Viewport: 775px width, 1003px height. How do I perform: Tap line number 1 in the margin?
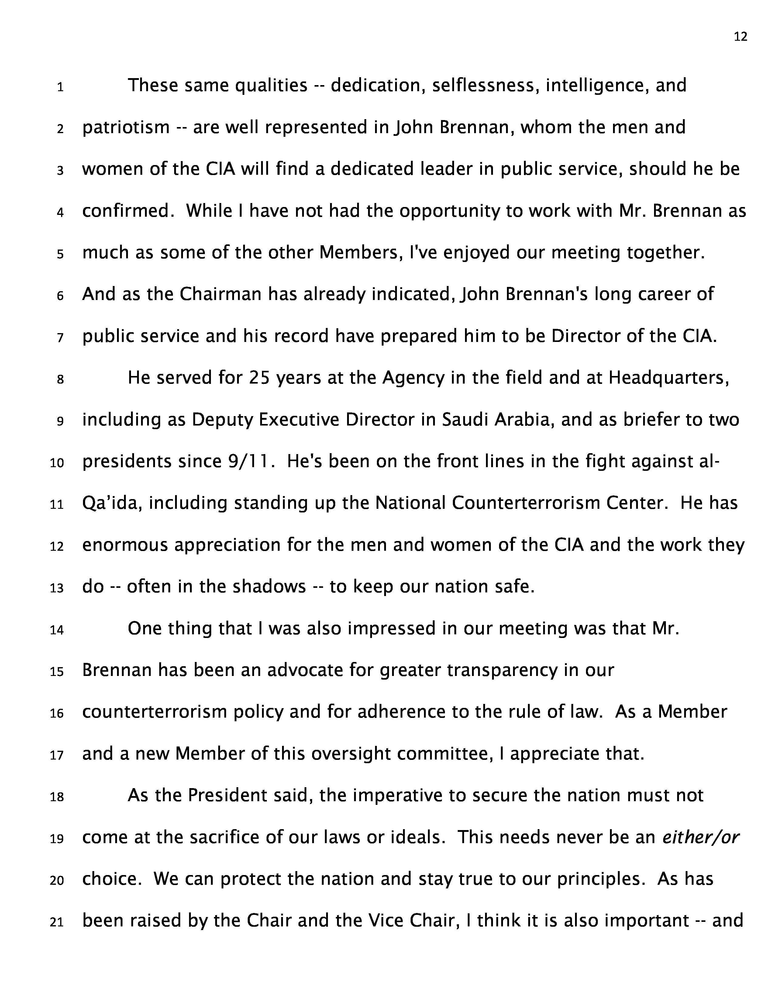(60, 87)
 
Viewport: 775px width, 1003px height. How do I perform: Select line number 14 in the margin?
(57, 630)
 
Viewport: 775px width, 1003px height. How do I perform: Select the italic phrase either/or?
(701, 837)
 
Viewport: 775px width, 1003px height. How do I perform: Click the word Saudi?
(465, 420)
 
